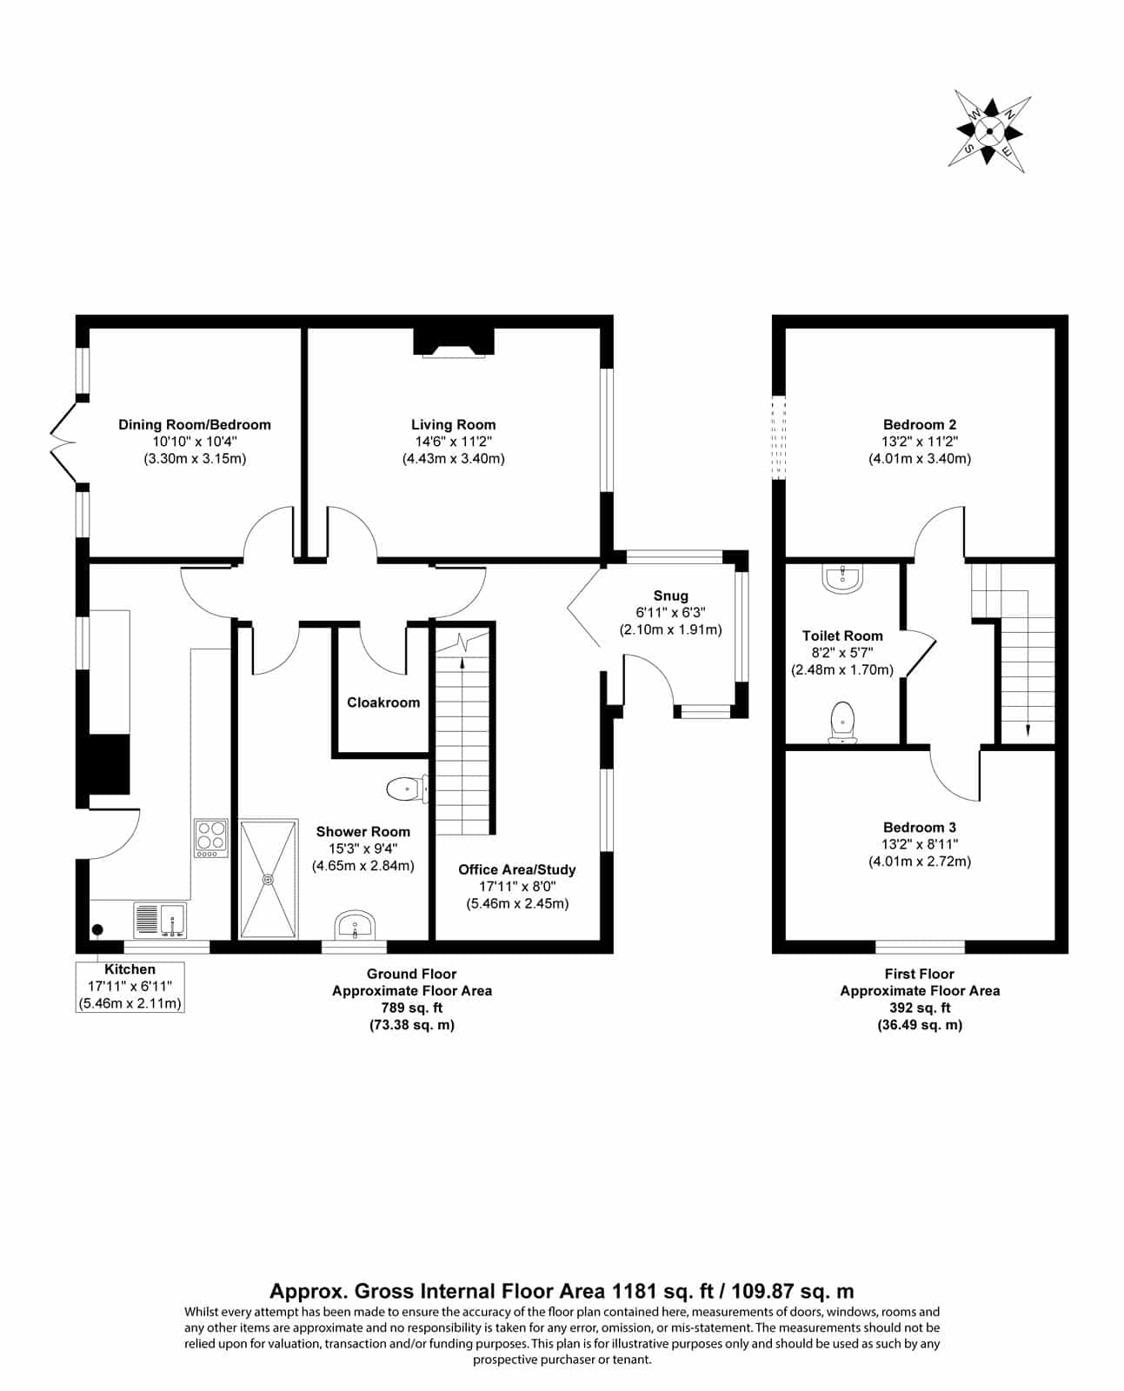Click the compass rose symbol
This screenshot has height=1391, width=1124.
pyautogui.click(x=989, y=131)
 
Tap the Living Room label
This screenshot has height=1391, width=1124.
pyautogui.click(x=453, y=425)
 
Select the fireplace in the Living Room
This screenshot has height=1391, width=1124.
pyautogui.click(x=454, y=343)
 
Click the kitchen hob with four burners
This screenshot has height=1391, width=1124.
pyautogui.click(x=211, y=838)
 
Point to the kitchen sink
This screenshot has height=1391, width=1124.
pyautogui.click(x=160, y=920)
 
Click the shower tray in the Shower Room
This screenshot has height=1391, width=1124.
pyautogui.click(x=269, y=879)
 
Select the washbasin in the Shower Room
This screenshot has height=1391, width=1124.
pyautogui.click(x=355, y=925)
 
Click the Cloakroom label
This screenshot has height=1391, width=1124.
pyautogui.click(x=383, y=702)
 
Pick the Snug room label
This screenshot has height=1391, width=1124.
pyautogui.click(x=671, y=596)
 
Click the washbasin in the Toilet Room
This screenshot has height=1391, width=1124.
pyautogui.click(x=842, y=579)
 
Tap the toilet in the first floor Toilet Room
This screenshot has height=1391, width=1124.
pyautogui.click(x=842, y=722)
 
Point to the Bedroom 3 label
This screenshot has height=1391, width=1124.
pyautogui.click(x=920, y=828)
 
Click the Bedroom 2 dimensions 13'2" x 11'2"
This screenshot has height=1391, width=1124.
pyautogui.click(x=920, y=442)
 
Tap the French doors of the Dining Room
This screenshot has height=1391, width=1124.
pyautogui.click(x=63, y=443)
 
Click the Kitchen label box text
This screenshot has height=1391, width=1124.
pyautogui.click(x=130, y=986)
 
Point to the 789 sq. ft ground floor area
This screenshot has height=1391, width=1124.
pyautogui.click(x=411, y=1008)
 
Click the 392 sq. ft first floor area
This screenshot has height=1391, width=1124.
pyautogui.click(x=920, y=1008)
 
